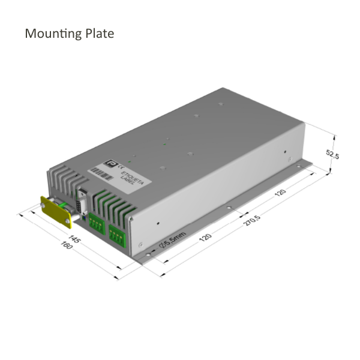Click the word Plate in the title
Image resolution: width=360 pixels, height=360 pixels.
98,33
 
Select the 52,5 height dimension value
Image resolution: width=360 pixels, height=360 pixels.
332,154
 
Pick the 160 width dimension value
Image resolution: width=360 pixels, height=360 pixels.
65,247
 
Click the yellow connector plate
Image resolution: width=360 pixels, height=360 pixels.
55,212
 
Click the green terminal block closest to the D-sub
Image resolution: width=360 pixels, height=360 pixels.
96,224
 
